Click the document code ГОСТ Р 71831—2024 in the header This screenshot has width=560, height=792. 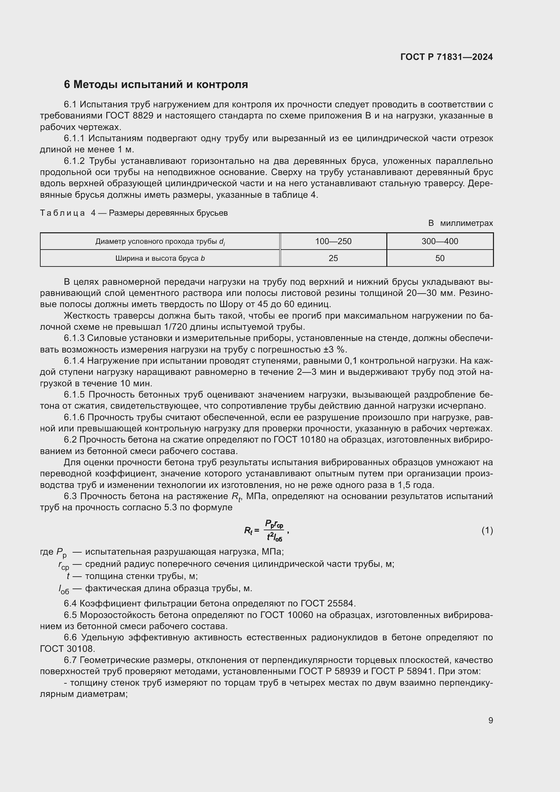[x=446, y=57]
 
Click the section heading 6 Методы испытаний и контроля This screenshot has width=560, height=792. [x=155, y=85]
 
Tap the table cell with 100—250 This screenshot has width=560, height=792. [x=333, y=241]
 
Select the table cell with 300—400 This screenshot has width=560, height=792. [x=440, y=241]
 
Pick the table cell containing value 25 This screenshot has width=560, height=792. [x=333, y=258]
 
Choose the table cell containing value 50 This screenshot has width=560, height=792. [x=440, y=258]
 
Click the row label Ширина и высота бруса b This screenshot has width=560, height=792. [x=160, y=258]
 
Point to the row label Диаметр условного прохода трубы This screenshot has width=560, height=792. [x=160, y=241]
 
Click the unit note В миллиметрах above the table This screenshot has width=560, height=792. [x=460, y=223]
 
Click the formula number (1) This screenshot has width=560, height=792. [x=487, y=531]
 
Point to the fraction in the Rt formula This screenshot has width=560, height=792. [x=274, y=531]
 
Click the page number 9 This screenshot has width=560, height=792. [x=490, y=720]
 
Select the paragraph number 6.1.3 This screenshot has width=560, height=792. [x=74, y=338]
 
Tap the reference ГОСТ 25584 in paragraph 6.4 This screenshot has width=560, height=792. [x=327, y=603]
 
